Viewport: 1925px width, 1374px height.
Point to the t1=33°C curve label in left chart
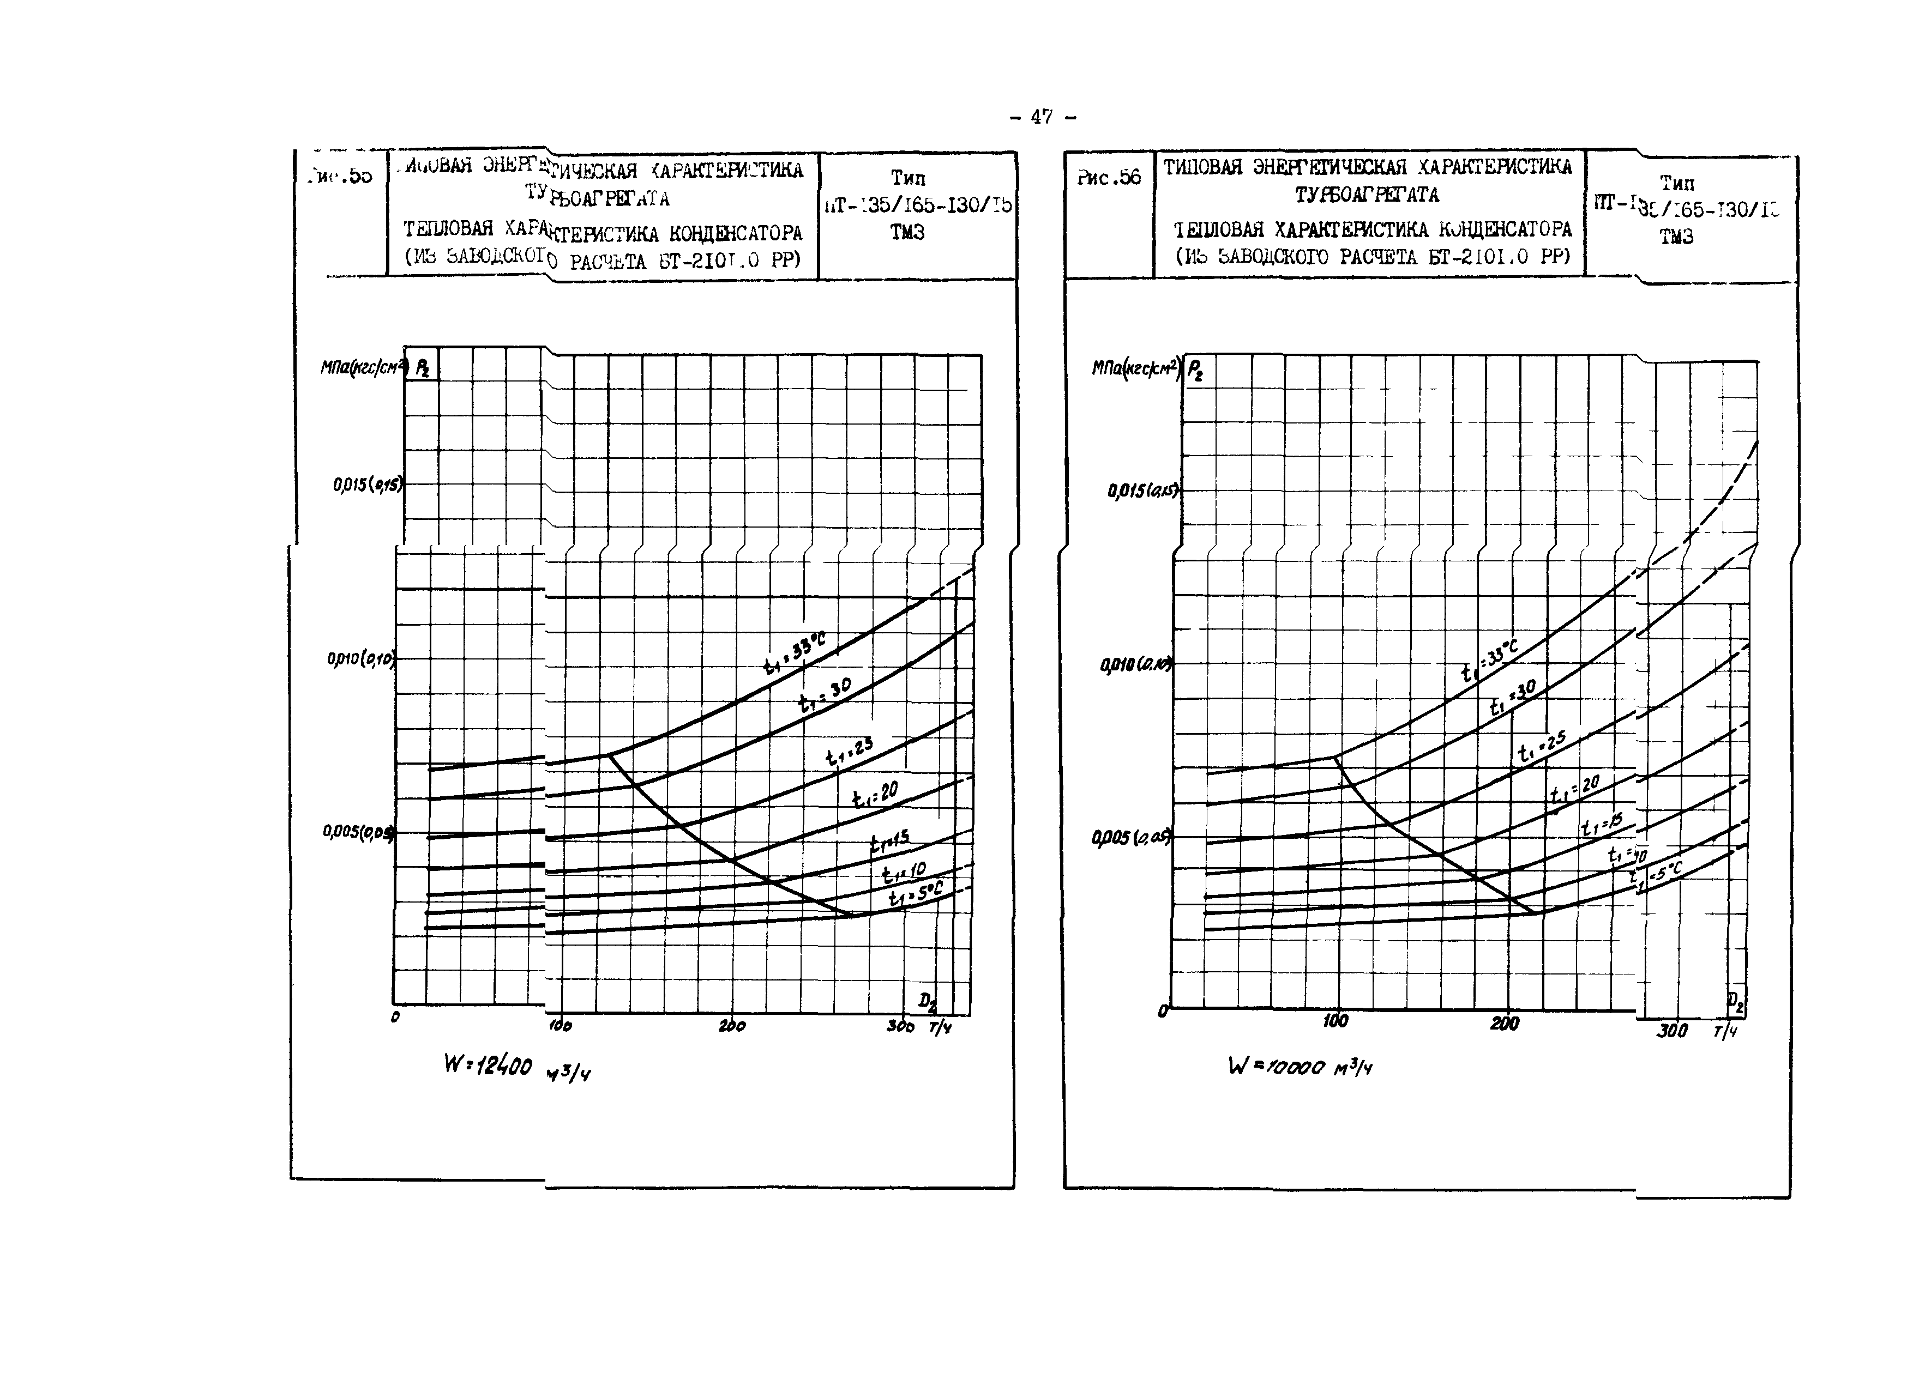794,654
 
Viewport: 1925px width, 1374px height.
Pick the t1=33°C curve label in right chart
1490,662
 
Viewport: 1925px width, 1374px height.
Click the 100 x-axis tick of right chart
1335,1021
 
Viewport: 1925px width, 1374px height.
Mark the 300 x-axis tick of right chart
1672,1031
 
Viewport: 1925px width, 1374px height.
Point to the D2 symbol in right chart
1735,1004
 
